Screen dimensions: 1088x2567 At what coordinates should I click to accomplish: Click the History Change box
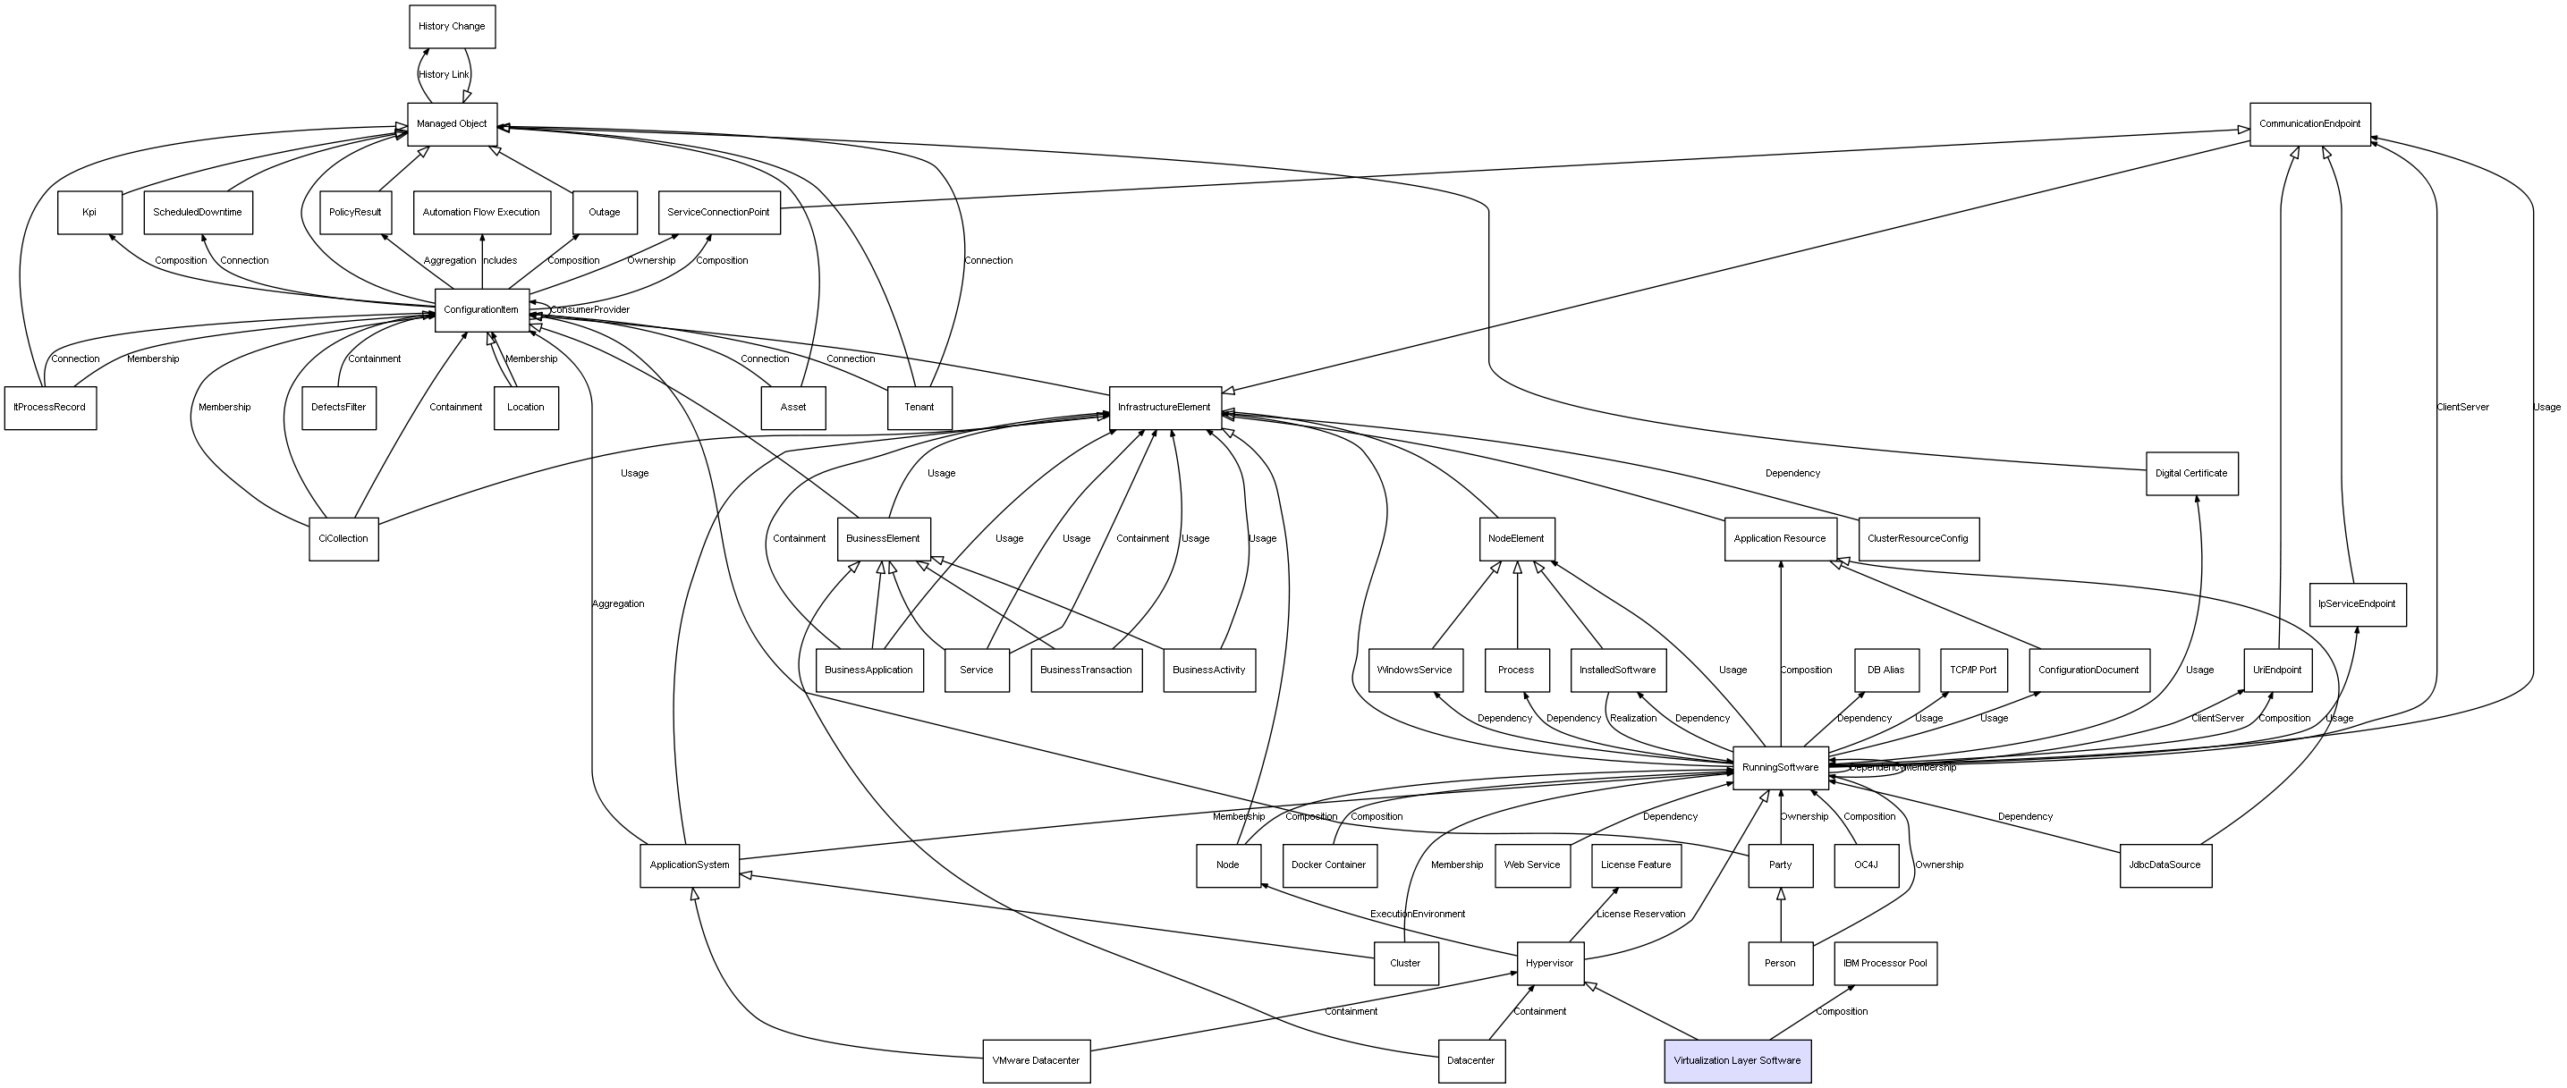[x=452, y=26]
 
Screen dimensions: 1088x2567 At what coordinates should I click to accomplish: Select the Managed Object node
[x=452, y=123]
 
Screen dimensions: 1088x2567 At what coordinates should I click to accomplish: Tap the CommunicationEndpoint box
[x=2309, y=123]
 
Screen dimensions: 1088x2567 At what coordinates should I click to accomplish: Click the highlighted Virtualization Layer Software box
[x=1737, y=1060]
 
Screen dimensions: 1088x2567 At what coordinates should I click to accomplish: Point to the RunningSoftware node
[x=1780, y=767]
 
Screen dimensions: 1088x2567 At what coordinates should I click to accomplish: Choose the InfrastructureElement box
[x=1164, y=408]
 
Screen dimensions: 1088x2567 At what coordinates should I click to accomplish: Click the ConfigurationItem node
[x=481, y=310]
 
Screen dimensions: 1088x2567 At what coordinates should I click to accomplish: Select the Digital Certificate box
[x=2191, y=473]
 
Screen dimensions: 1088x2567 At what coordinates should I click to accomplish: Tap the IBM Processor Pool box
[x=1885, y=964]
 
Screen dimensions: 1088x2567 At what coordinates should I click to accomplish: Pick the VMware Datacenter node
[x=1037, y=1060]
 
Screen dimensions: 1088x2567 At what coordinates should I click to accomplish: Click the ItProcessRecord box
[x=50, y=408]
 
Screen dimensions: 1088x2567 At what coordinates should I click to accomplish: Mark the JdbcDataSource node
[x=2165, y=864]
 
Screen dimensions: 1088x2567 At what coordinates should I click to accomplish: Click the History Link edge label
[x=444, y=75]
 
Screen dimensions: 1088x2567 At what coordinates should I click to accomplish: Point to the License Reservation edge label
[x=1640, y=914]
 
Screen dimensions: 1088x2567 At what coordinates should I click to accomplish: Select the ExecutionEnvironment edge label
[x=1417, y=914]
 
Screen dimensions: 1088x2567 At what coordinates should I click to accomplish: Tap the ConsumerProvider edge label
[x=590, y=310]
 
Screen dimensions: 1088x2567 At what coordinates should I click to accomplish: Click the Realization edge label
[x=1633, y=719]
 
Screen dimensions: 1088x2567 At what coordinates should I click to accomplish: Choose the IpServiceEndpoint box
[x=2357, y=603]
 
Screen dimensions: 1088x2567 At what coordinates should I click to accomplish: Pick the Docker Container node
[x=1328, y=864]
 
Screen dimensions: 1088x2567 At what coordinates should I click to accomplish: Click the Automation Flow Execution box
[x=481, y=212]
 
